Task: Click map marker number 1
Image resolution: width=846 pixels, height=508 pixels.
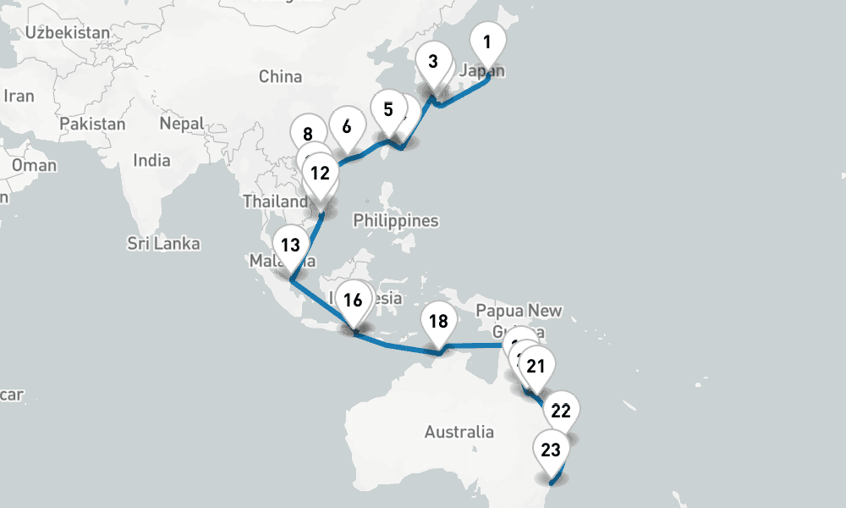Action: [x=486, y=41]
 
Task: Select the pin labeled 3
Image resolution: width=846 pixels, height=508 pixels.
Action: [x=433, y=62]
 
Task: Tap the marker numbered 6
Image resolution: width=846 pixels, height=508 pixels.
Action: [x=346, y=128]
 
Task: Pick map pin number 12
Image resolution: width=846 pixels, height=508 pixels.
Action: [x=320, y=174]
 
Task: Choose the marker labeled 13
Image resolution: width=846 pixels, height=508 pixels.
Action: [x=290, y=246]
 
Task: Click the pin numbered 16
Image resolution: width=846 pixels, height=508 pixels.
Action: [x=353, y=300]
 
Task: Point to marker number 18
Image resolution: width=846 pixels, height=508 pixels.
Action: [x=438, y=322]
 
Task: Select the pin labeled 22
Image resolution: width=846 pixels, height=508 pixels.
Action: [x=560, y=411]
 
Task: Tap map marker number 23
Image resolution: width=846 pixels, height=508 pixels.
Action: [x=550, y=450]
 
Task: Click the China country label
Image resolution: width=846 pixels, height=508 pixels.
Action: [x=280, y=77]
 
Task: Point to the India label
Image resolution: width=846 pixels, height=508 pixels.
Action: [x=151, y=160]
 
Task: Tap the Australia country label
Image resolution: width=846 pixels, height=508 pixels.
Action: [x=459, y=432]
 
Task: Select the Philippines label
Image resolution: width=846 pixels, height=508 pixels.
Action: [x=396, y=221]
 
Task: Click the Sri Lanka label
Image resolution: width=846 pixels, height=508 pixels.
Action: [x=164, y=244]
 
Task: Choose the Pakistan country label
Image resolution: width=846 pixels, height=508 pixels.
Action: [x=92, y=124]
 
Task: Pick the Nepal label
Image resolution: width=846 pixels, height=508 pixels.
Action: [x=182, y=124]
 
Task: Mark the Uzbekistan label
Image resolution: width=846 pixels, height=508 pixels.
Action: [x=68, y=33]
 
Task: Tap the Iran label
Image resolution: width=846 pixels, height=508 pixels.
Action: [x=19, y=96]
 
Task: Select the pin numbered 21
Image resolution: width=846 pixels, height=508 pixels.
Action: [x=535, y=367]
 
